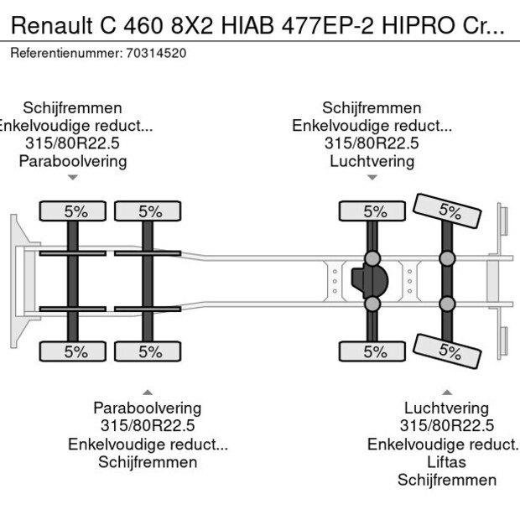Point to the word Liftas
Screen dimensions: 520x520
pyautogui.click(x=446, y=462)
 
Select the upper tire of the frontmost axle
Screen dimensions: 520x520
pyautogui.click(x=75, y=211)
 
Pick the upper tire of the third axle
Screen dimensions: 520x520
pyautogui.click(x=373, y=211)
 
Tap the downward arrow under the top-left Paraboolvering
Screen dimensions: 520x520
pyautogui.click(x=73, y=178)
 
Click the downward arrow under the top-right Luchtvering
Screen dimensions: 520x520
pyautogui.click(x=372, y=178)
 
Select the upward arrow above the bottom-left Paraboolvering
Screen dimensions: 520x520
pyautogui.click(x=148, y=392)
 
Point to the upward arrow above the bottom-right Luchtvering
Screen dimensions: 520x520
pyautogui.click(x=446, y=392)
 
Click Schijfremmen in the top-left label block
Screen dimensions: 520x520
pyautogui.click(x=73, y=108)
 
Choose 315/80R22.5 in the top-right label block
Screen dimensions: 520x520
pyautogui.click(x=372, y=143)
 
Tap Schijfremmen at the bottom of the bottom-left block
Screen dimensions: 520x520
pyautogui.click(x=148, y=462)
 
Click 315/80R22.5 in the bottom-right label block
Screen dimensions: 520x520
pyautogui.click(x=446, y=426)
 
